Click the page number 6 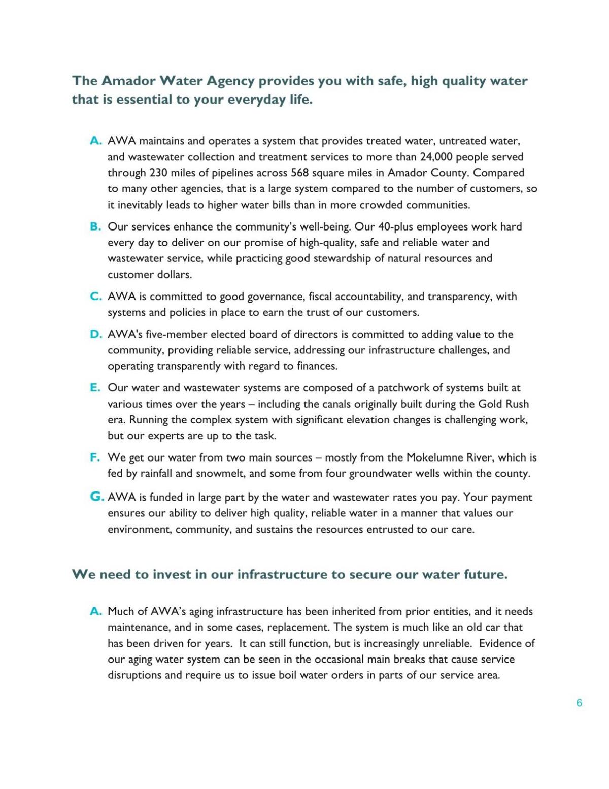(579, 703)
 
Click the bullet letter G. (97, 497)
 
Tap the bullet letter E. (95, 388)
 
